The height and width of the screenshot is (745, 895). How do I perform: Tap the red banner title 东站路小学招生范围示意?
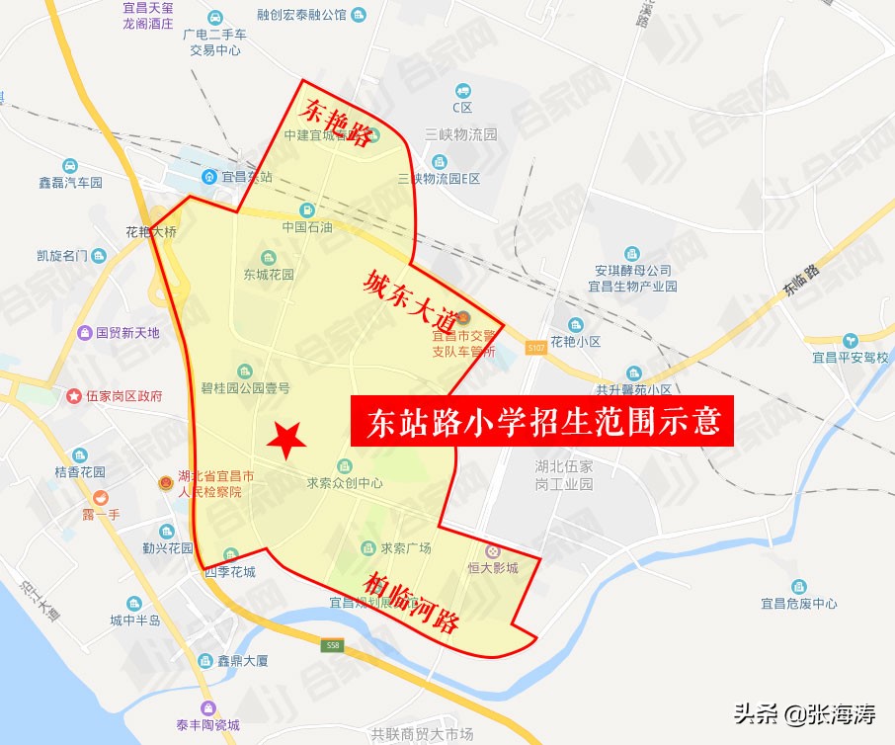pyautogui.click(x=542, y=424)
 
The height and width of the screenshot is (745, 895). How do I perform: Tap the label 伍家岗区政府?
pyautogui.click(x=122, y=396)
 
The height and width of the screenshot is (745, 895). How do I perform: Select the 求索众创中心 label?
pyautogui.click(x=343, y=483)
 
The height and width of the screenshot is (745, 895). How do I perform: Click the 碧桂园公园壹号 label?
pyautogui.click(x=245, y=387)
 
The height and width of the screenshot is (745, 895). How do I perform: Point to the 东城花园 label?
pyautogui.click(x=269, y=275)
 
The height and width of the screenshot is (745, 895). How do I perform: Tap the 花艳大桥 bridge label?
pyautogui.click(x=151, y=233)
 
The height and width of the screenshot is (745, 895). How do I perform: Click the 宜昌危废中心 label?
pyautogui.click(x=798, y=603)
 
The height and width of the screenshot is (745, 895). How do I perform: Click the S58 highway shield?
pyautogui.click(x=332, y=645)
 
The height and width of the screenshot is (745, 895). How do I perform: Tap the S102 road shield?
pyautogui.click(x=534, y=348)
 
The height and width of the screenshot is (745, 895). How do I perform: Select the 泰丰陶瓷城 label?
pyautogui.click(x=207, y=724)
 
